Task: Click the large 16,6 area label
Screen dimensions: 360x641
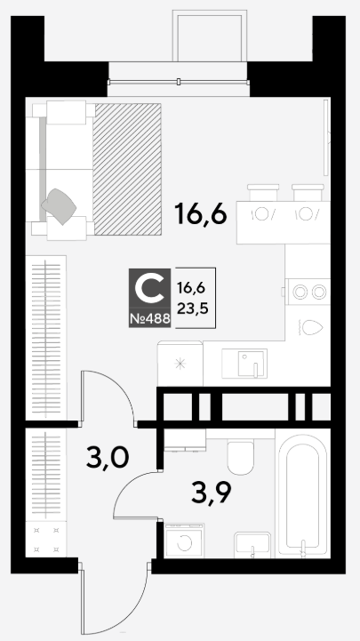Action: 200,214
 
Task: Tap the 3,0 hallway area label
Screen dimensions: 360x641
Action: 108,458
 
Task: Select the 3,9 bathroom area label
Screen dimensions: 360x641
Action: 212,493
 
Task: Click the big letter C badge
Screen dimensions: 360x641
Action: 149,287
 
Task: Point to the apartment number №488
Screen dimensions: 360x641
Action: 149,319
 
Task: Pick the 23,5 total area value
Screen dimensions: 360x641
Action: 193,308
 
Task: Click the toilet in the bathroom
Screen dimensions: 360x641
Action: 241,456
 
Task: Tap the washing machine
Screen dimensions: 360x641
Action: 183,540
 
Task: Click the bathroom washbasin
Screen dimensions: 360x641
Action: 252,545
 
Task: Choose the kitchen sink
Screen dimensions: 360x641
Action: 244,363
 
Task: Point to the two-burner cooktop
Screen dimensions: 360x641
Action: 308,292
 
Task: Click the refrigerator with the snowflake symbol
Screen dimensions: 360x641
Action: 180,364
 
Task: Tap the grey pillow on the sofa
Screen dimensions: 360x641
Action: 60,205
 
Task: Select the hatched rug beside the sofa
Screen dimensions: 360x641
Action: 127,169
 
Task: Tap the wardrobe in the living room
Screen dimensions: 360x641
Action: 46,338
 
